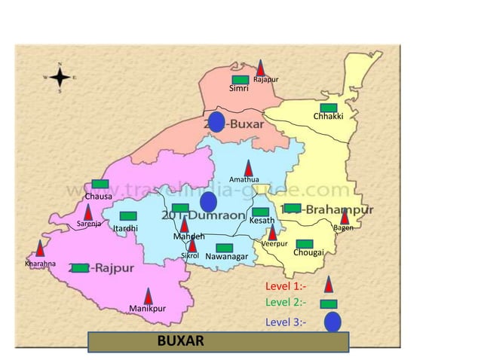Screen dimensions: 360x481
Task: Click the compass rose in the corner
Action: (x=60, y=77)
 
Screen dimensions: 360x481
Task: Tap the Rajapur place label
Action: (x=266, y=80)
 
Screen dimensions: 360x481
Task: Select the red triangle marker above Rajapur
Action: (x=261, y=68)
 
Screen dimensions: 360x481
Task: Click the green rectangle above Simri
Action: (x=240, y=79)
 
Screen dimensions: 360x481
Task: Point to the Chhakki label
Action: (x=328, y=117)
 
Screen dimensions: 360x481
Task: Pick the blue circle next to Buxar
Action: (x=216, y=122)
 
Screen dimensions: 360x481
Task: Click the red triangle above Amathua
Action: (x=248, y=168)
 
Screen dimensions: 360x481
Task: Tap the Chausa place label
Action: (x=98, y=197)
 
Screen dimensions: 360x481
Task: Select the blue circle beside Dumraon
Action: (x=209, y=202)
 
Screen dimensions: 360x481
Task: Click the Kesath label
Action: (x=262, y=221)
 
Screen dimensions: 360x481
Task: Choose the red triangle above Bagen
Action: (x=345, y=216)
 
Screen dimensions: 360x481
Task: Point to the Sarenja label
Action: (x=89, y=224)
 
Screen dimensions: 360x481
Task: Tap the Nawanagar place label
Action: (x=226, y=258)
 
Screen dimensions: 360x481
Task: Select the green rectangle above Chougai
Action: (x=304, y=243)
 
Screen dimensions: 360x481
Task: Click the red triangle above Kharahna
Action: (x=40, y=249)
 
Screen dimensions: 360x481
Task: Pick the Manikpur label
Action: (x=147, y=309)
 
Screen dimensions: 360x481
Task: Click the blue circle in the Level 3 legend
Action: (x=332, y=322)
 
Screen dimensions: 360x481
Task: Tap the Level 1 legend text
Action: (x=286, y=286)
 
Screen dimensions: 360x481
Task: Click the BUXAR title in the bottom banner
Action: (x=180, y=341)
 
